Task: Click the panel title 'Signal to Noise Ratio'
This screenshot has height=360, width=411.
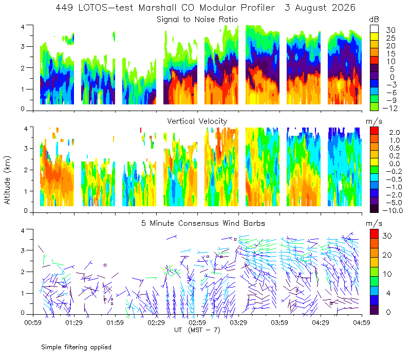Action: click(197, 20)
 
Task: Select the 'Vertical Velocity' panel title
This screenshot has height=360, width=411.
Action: click(197, 121)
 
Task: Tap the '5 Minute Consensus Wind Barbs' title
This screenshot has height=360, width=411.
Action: click(203, 223)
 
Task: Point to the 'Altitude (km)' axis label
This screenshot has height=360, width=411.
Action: click(7, 180)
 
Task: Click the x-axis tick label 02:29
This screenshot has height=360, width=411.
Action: click(156, 322)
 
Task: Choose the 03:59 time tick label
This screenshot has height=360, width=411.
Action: click(279, 322)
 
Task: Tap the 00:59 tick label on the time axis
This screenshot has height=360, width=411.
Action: click(33, 322)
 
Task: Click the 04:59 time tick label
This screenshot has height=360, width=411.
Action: click(362, 322)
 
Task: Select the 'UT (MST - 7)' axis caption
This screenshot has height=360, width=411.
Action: click(197, 330)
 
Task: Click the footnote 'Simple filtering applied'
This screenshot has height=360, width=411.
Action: click(76, 347)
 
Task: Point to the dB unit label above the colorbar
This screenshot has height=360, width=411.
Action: click(374, 20)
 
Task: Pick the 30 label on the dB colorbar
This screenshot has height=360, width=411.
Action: click(390, 30)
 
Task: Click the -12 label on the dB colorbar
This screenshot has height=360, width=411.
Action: click(390, 108)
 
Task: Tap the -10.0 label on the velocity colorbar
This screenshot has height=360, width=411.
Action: click(393, 210)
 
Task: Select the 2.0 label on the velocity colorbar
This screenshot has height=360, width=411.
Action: click(395, 133)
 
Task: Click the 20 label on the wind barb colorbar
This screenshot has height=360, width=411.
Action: click(387, 255)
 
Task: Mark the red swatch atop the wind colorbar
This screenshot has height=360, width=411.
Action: click(374, 234)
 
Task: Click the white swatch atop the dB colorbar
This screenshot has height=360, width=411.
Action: click(374, 29)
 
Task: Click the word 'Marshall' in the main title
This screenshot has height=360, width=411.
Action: click(157, 8)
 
